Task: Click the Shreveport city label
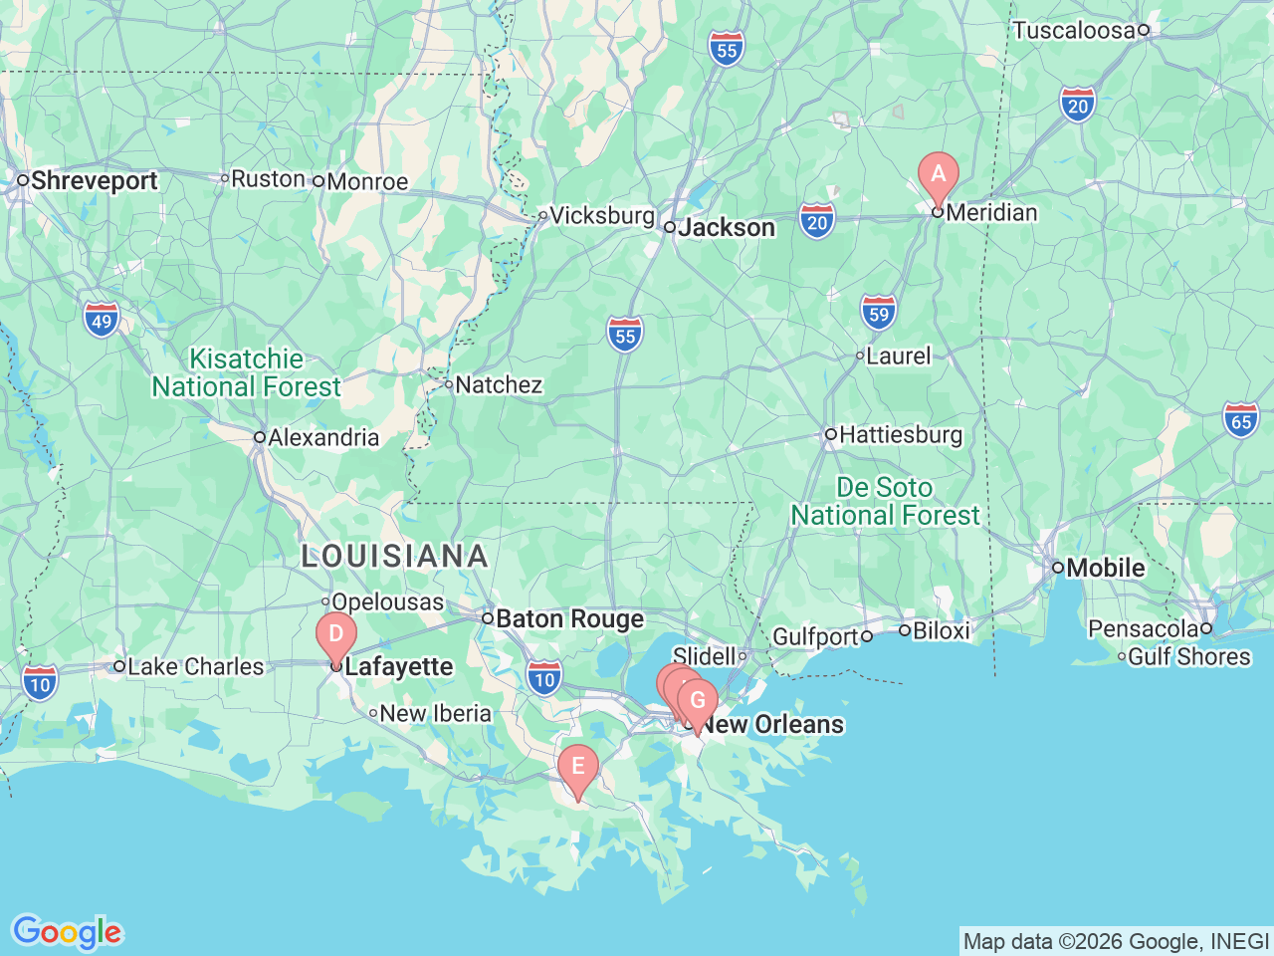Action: [94, 181]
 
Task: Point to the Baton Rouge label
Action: [569, 619]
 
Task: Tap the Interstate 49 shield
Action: [102, 321]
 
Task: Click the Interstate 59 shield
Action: [878, 314]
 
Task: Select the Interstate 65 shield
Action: [1241, 420]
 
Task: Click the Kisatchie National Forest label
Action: [246, 372]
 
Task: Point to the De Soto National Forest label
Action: [885, 501]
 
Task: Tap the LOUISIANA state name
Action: [395, 556]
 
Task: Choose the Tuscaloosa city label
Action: [1073, 30]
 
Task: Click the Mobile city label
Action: [1105, 568]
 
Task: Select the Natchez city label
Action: [498, 384]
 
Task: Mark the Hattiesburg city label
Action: [900, 434]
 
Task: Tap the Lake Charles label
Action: [195, 666]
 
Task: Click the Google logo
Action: [67, 932]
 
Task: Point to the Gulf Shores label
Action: [1188, 656]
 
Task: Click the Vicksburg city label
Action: [601, 215]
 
